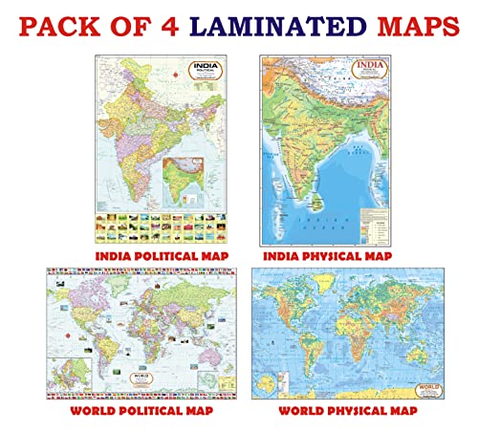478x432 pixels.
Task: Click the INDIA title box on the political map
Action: click(175, 68)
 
